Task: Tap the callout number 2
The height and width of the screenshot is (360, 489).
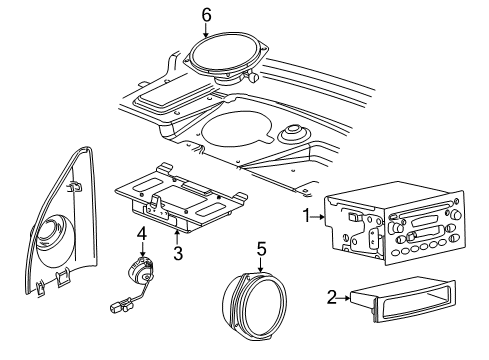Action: click(331, 297)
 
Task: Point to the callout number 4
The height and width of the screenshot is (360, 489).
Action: click(141, 235)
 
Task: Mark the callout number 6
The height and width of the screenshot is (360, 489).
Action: click(206, 14)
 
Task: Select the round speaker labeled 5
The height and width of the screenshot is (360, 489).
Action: click(259, 307)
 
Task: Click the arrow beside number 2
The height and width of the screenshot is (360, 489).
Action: click(343, 297)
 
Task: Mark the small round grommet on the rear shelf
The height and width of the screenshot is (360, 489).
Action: click(293, 133)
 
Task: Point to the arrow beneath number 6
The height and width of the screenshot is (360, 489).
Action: click(206, 30)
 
